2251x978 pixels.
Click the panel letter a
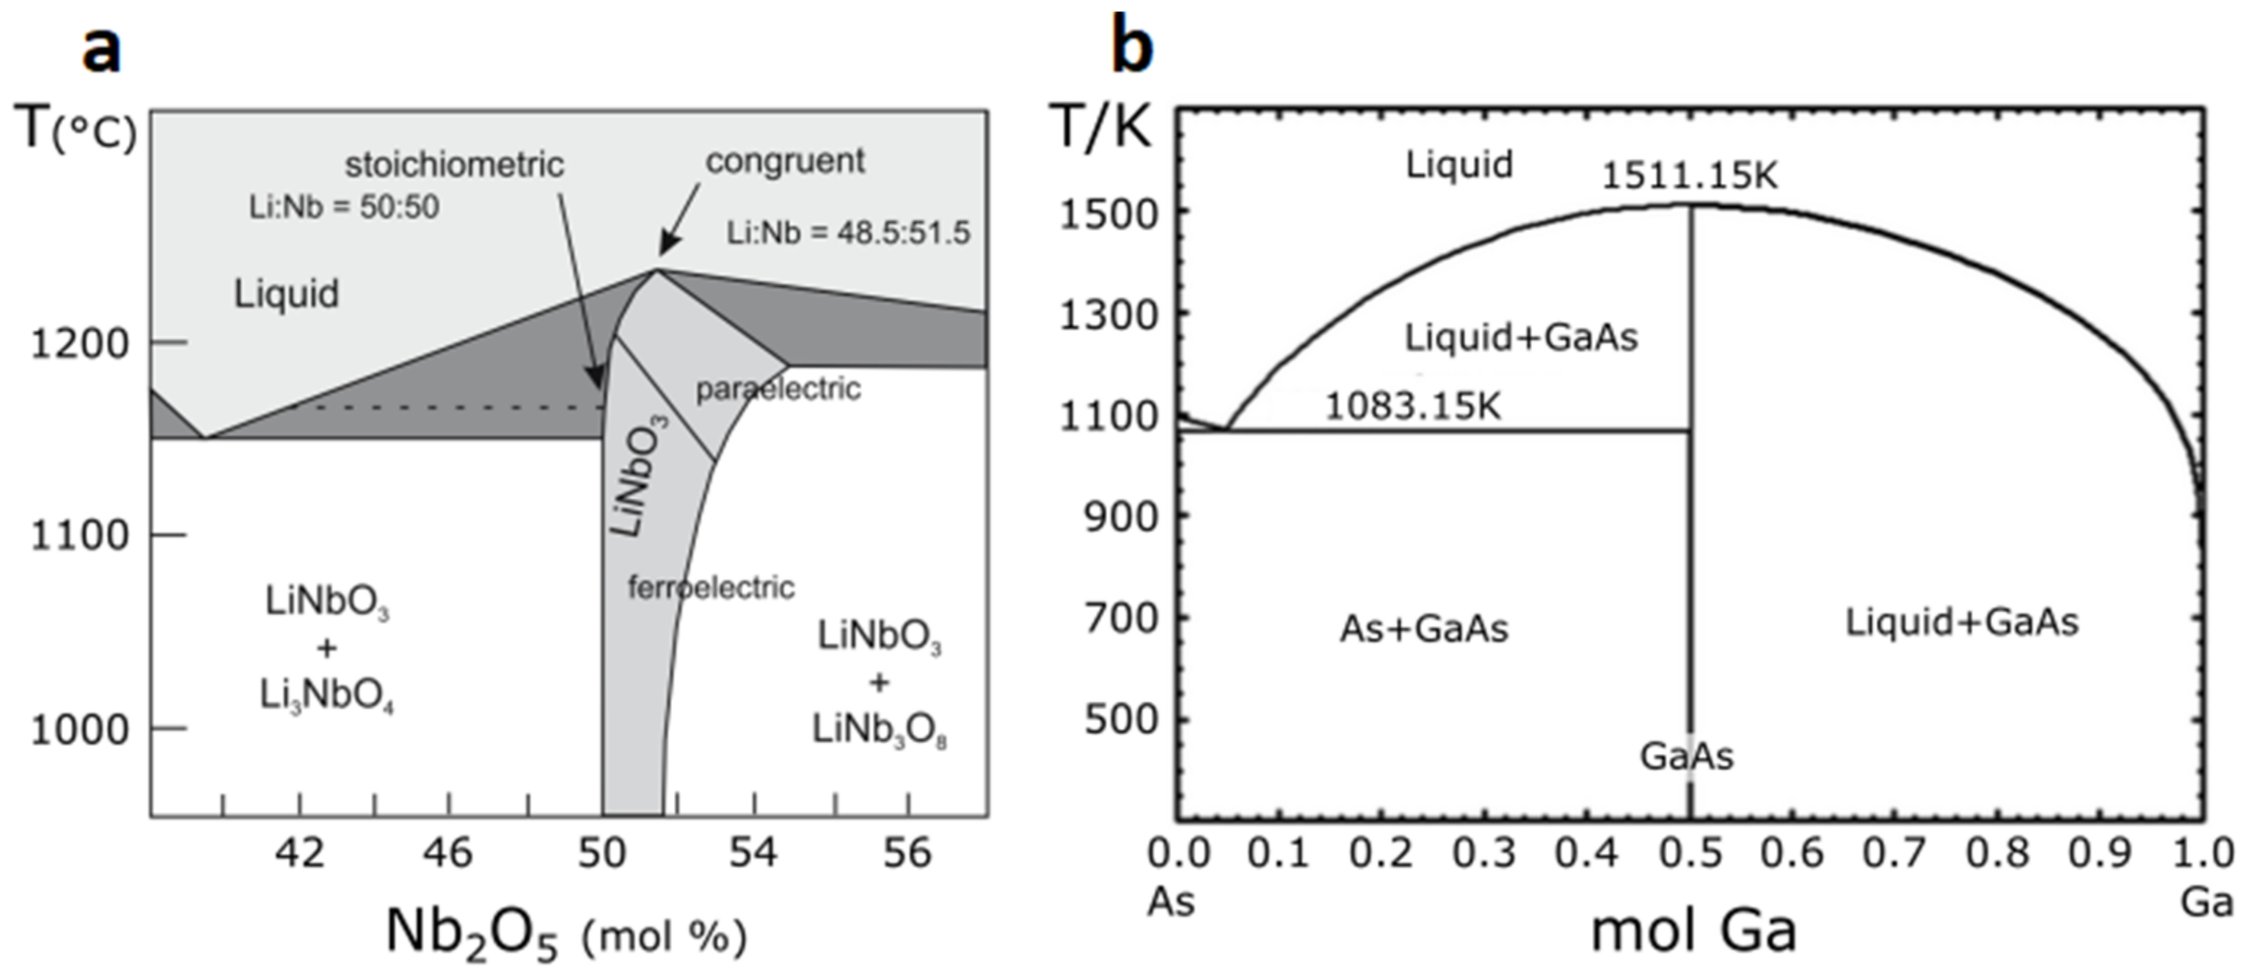[x=102, y=48]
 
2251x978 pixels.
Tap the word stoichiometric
[x=455, y=164]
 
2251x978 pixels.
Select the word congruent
[x=785, y=161]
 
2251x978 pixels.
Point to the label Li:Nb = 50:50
[x=344, y=207]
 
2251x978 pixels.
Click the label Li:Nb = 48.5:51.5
[x=848, y=232]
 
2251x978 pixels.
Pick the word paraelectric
[x=777, y=389]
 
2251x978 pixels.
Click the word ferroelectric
[x=711, y=588]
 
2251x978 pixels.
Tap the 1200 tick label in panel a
[x=80, y=343]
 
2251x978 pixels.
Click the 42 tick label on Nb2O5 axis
[x=300, y=852]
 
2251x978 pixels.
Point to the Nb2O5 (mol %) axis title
[x=566, y=934]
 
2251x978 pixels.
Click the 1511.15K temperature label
[x=1688, y=176]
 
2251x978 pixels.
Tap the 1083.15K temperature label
[x=1412, y=406]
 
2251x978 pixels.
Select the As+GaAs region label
[x=1424, y=628]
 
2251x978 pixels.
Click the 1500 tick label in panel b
[x=1107, y=213]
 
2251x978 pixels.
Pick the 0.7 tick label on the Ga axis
[x=1893, y=853]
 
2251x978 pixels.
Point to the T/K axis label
[x=1100, y=127]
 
